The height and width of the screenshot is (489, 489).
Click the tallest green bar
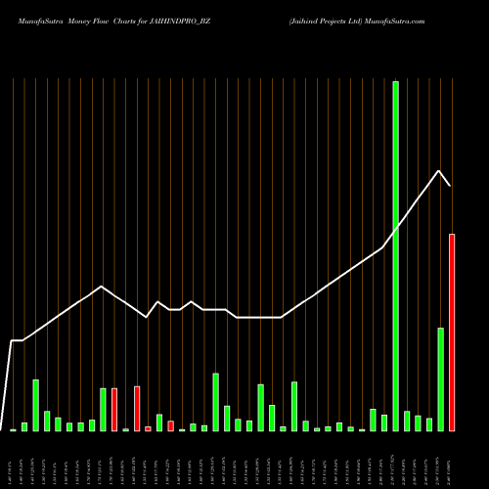coord(395,254)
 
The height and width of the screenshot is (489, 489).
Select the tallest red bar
coord(452,333)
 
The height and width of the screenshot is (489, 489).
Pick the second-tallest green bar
coord(440,379)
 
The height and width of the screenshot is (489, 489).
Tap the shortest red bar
coord(148,428)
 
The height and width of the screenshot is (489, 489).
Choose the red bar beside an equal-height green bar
coord(114,410)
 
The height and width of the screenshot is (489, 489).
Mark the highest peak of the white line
coord(439,170)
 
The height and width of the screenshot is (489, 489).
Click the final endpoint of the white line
coord(450,185)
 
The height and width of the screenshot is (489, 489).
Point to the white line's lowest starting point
coord(2,428)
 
